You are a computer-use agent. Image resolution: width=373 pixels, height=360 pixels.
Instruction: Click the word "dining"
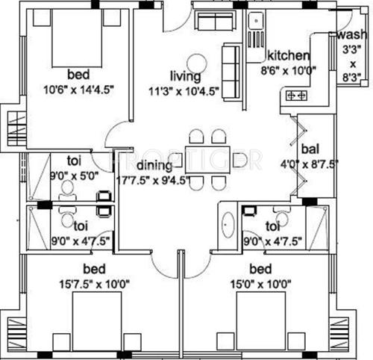[x=154, y=165]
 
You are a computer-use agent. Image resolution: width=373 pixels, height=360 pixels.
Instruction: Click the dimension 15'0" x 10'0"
[x=263, y=282]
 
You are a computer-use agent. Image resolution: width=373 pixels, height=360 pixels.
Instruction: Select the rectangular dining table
[x=207, y=159]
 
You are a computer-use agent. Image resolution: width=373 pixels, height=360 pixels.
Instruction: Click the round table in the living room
[x=196, y=63]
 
